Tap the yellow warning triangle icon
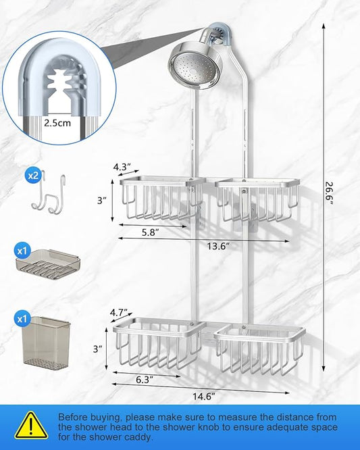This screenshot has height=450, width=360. pos(31,425)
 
